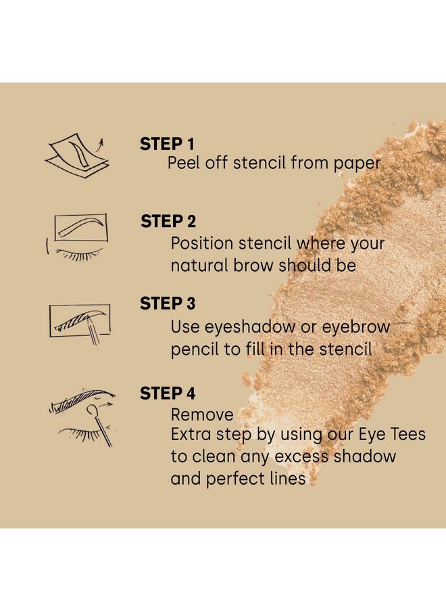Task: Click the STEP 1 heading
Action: (x=167, y=144)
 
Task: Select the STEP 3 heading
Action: (x=168, y=304)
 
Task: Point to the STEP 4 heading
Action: (x=168, y=393)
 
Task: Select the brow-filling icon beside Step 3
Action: (x=80, y=323)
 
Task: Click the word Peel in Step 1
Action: (x=183, y=163)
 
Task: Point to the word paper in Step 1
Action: (x=359, y=163)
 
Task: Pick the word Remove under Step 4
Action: (x=202, y=414)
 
